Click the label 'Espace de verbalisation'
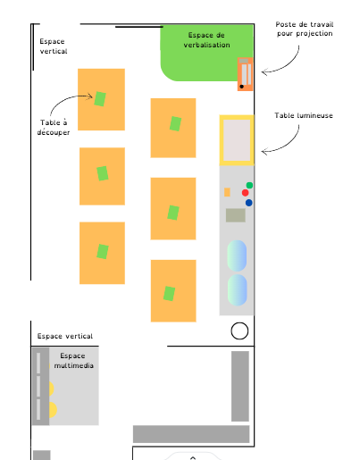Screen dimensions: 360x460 [x=206, y=40]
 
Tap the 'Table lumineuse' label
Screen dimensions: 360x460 [x=304, y=115]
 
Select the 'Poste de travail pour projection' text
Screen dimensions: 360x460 [x=305, y=29]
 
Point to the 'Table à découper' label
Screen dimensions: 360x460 [x=54, y=127]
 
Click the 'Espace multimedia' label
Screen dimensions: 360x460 [x=73, y=361]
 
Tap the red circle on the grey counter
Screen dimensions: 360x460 [x=246, y=193]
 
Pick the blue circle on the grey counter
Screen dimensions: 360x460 [x=249, y=203]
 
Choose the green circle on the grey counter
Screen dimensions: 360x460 [x=249, y=186]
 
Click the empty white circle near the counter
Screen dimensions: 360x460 [x=239, y=330]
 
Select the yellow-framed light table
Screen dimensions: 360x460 [x=237, y=140]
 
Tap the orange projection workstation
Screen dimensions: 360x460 [x=245, y=74]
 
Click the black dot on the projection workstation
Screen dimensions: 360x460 [x=242, y=87]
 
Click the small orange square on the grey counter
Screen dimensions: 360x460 [x=227, y=192]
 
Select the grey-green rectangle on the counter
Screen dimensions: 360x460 [x=236, y=215]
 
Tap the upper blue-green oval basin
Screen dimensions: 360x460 [x=237, y=255]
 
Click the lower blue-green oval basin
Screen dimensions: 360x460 [x=238, y=290]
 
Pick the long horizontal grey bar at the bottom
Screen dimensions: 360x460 [x=191, y=434]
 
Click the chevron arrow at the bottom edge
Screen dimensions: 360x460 [x=193, y=458]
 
